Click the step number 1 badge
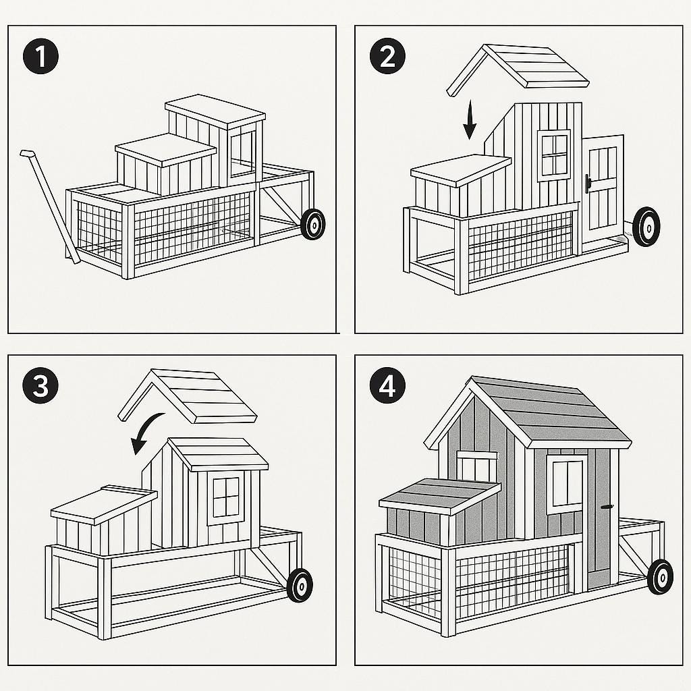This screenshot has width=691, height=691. click(x=40, y=57)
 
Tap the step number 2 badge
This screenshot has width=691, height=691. click(x=387, y=57)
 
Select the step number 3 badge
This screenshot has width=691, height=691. click(x=40, y=387)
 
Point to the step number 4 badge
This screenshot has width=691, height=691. click(x=387, y=387)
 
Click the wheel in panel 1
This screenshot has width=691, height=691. click(x=312, y=223)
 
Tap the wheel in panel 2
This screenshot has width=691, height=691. click(x=646, y=226)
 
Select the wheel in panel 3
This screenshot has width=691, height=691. click(x=300, y=584)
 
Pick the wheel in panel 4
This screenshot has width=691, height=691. click(x=660, y=576)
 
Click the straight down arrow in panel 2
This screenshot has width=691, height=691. click(x=470, y=121)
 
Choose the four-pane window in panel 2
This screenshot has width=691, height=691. click(x=554, y=155)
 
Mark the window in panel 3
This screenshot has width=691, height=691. click(x=225, y=497)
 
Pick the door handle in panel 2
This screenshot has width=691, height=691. click(x=588, y=183)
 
